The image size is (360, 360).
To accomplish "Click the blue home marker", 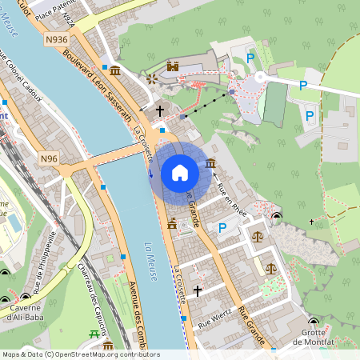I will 180,172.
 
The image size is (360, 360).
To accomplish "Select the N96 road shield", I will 50,159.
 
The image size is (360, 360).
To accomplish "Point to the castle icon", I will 173,66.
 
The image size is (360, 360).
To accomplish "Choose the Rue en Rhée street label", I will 231,195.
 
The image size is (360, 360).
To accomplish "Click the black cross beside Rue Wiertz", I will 198,291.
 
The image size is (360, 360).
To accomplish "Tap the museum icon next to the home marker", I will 210,164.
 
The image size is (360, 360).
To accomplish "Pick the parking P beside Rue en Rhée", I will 223,228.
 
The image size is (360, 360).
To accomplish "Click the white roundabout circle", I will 260,78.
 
